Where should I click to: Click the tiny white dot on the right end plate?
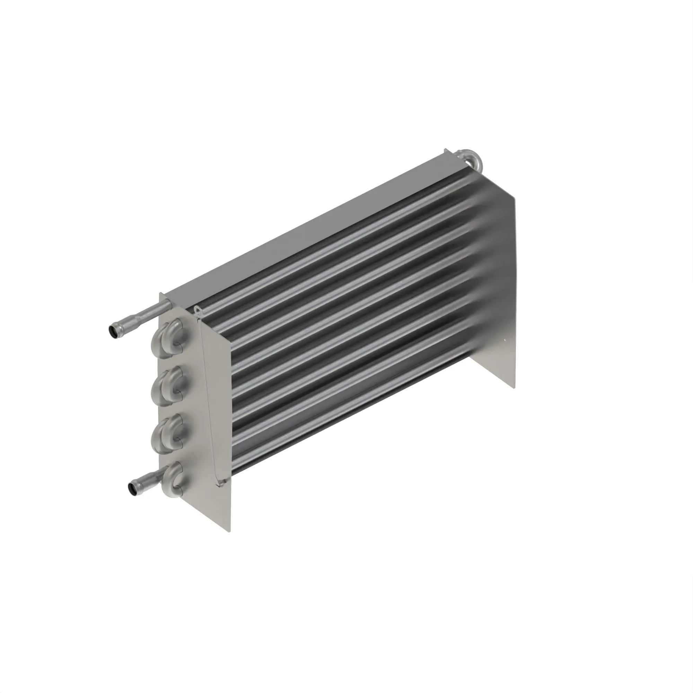504,341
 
